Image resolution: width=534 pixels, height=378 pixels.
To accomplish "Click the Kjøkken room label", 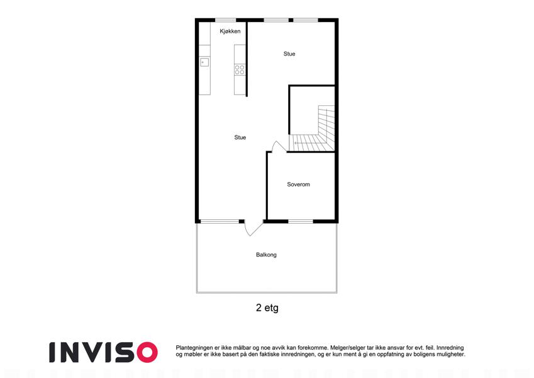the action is point(230,31).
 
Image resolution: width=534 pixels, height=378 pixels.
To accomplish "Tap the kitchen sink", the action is point(204,62).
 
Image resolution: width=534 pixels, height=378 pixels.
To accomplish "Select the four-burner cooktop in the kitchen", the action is point(240,70).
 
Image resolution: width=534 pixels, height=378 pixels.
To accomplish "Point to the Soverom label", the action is point(298,185).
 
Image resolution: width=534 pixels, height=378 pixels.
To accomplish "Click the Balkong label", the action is point(266,255).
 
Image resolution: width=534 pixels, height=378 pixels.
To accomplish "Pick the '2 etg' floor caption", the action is point(267,307).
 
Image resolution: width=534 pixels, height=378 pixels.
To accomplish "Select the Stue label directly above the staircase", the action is point(289,54).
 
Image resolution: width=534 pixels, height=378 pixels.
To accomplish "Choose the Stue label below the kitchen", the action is point(240,137).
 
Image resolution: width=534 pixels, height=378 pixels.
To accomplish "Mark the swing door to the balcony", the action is point(253,228).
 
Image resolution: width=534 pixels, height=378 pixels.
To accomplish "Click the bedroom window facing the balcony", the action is point(301,222).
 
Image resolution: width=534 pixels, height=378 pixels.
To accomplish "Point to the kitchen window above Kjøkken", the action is point(225,20).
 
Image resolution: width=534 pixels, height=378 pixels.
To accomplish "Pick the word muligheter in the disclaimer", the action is point(451,355).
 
